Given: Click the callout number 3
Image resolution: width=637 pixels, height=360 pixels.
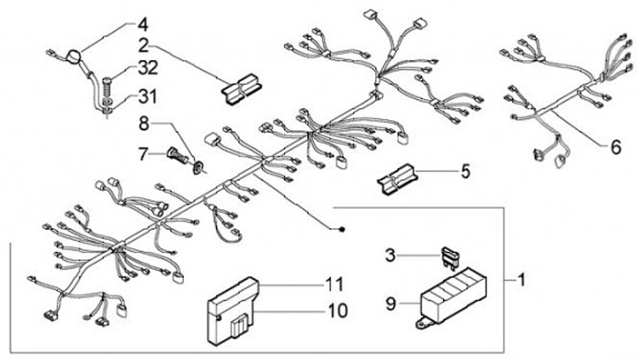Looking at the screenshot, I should pyautogui.click(x=390, y=257).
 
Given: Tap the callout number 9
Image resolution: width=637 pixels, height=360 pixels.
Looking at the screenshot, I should pyautogui.click(x=389, y=303).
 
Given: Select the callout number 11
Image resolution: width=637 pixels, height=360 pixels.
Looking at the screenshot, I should pyautogui.click(x=334, y=285).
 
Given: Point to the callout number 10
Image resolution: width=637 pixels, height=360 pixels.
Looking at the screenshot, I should pyautogui.click(x=334, y=311).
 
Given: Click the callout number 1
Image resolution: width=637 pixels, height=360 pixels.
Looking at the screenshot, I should pyautogui.click(x=523, y=280).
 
